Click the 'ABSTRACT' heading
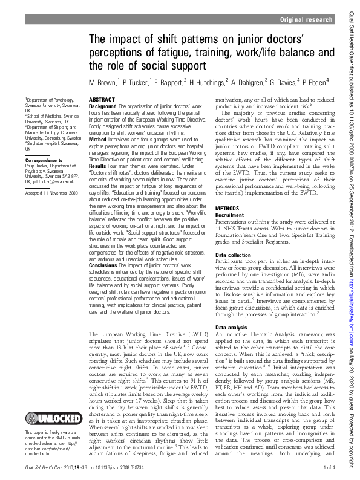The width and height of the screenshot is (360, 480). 102,99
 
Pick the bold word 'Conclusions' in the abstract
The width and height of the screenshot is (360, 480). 105,264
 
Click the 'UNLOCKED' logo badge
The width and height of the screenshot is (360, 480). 52,418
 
